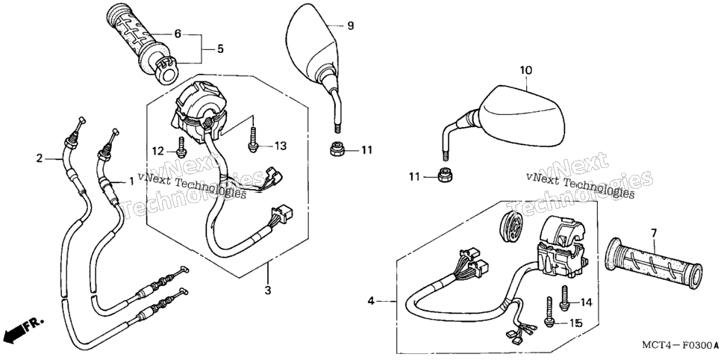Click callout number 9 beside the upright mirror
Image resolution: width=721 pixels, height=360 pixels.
(350, 26)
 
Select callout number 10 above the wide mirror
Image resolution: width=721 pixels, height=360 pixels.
(526, 70)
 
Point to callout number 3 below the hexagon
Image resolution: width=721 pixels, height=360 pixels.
(268, 291)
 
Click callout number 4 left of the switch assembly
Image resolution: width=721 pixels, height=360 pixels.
(371, 302)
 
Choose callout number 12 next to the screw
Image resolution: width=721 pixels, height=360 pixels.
(158, 151)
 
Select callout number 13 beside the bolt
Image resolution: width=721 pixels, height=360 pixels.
(281, 146)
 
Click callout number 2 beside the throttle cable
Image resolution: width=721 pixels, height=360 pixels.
(40, 159)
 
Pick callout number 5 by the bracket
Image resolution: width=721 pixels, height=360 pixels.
(220, 49)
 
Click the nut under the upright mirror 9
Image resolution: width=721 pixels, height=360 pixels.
(336, 149)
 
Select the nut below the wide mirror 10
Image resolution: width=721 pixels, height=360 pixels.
(444, 176)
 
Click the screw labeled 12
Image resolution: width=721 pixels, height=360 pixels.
(181, 147)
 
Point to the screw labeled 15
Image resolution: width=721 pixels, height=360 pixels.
(549, 312)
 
